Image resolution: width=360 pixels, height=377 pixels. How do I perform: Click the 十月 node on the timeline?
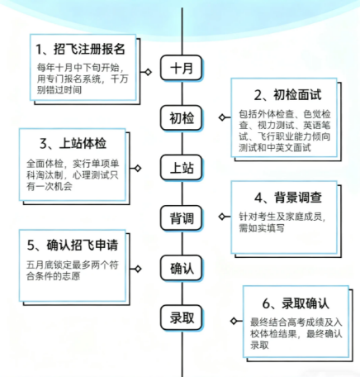coord(182,68)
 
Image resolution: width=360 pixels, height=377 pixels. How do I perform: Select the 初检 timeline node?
coord(182,117)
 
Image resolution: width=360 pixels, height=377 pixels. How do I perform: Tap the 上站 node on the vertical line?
coord(182,168)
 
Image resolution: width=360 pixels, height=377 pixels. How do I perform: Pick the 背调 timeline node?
coord(182,217)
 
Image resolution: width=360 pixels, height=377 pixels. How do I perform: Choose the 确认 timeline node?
coord(182,268)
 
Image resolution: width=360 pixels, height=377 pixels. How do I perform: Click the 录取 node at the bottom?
coord(182,317)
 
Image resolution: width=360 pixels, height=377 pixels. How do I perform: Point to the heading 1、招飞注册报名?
coord(80,49)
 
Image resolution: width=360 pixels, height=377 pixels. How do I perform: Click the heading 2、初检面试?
coord(287,95)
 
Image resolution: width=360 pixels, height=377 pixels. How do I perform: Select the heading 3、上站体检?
coord(73,143)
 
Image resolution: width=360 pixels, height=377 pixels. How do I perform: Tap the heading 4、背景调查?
coord(288,198)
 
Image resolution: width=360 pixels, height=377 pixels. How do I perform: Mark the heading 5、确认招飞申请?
coord(73,245)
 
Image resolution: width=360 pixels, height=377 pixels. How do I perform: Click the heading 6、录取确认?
coord(296,303)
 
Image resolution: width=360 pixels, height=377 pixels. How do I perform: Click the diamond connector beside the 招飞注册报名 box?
coord(148,72)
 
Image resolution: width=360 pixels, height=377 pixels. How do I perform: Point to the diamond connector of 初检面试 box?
coord(222,117)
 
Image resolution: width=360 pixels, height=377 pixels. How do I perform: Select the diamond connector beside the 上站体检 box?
coord(138,168)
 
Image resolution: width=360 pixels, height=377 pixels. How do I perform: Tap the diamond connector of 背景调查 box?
coord(222,217)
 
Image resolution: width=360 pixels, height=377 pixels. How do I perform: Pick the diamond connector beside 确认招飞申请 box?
coord(138,269)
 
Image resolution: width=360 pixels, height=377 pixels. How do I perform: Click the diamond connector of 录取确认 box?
coord(234,321)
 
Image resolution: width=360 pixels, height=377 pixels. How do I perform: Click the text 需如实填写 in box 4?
coord(262,228)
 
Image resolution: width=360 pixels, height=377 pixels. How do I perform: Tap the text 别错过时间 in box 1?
coord(59,90)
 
